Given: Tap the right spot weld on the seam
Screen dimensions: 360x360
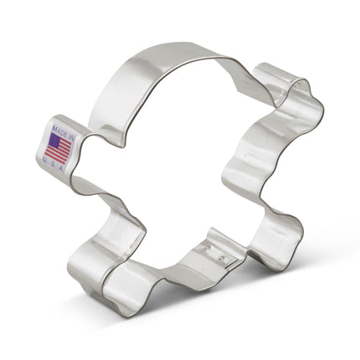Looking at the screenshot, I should [224, 258].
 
